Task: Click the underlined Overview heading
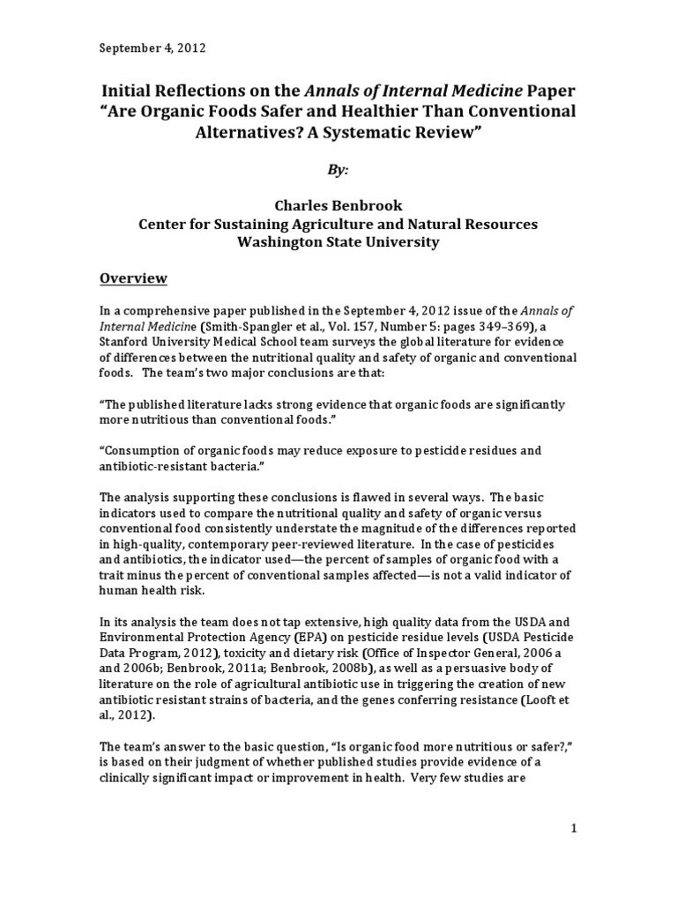[132, 279]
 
